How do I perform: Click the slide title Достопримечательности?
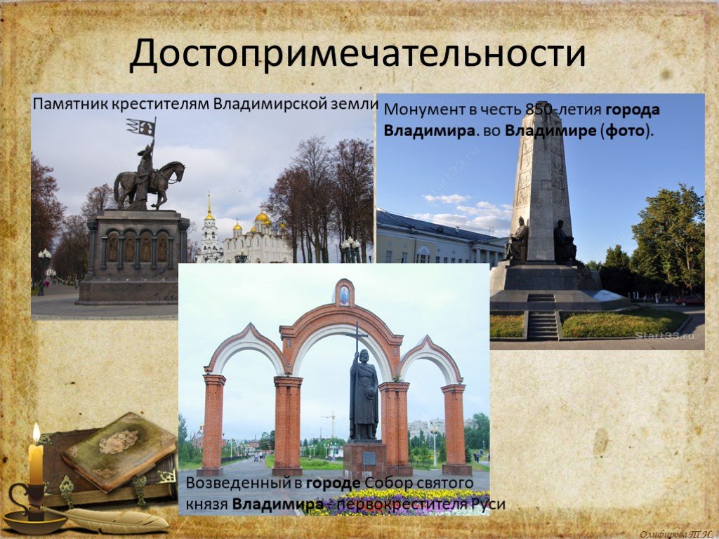point(357,54)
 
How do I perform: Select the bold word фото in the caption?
point(624,131)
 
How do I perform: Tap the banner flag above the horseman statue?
point(141,127)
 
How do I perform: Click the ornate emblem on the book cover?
point(118,442)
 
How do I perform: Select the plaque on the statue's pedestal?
point(368,458)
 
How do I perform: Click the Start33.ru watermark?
point(664,336)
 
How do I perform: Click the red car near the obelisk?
point(690,300)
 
